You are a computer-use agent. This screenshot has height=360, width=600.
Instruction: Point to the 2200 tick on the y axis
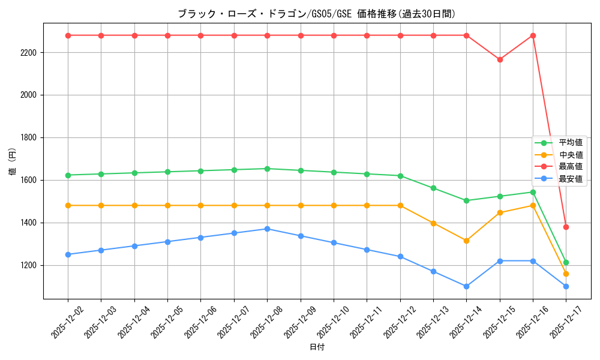click(x=28, y=53)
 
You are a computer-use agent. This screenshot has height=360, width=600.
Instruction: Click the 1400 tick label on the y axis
click(x=28, y=223)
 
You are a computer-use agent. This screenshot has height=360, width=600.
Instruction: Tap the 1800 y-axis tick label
click(x=28, y=137)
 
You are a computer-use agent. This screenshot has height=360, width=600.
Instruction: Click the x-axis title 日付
click(x=317, y=347)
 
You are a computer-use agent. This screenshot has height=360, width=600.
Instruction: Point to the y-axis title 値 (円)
click(x=12, y=161)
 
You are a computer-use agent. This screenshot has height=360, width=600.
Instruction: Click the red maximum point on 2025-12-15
click(x=500, y=59)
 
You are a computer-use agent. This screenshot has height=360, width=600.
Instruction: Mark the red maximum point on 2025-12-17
click(x=566, y=227)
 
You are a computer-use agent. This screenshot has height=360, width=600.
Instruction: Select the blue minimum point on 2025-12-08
click(x=268, y=229)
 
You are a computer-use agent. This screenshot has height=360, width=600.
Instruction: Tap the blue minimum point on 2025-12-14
click(x=466, y=286)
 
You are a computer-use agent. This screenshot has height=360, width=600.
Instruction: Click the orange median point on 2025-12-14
click(x=466, y=241)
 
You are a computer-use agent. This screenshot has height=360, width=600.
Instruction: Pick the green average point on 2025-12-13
click(x=433, y=188)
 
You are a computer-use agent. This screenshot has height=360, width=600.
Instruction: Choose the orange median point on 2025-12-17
click(x=566, y=274)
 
